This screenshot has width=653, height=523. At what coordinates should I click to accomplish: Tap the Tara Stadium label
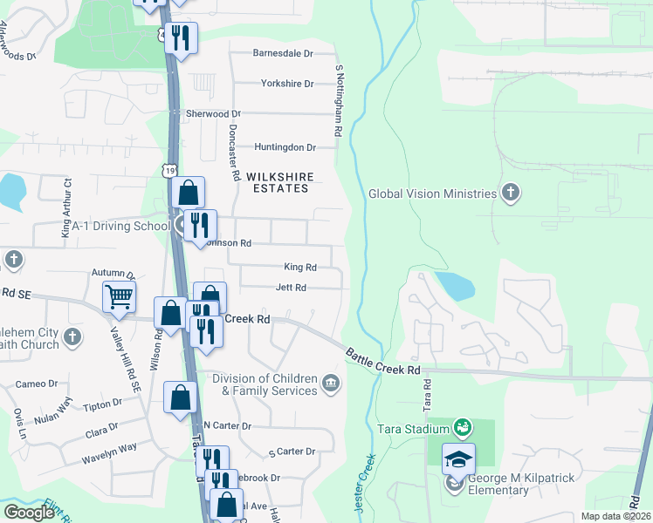click(x=412, y=428)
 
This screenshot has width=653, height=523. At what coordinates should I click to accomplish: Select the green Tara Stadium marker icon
click(x=462, y=428)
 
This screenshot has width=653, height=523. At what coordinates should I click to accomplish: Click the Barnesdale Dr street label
click(x=282, y=53)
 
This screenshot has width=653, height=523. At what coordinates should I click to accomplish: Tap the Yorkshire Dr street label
click(x=286, y=84)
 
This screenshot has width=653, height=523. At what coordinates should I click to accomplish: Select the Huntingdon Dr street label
click(x=285, y=148)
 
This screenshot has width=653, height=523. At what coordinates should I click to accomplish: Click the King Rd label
click(x=299, y=268)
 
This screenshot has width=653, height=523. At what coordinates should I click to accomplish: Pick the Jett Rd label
click(x=291, y=288)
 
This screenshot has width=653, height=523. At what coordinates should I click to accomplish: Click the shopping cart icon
click(x=119, y=296)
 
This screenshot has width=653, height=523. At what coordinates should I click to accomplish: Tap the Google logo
click(x=29, y=512)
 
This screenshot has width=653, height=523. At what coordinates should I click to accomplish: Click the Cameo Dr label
click(x=37, y=384)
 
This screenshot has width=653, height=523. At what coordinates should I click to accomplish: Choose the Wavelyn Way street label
click(x=109, y=447)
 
